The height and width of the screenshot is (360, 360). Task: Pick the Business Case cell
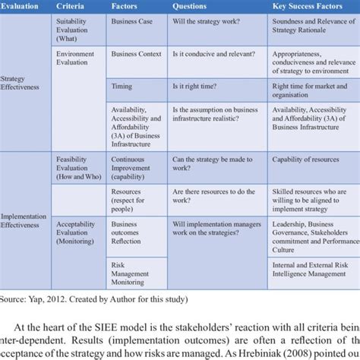click(x=131, y=21)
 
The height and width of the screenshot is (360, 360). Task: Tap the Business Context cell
click(x=137, y=54)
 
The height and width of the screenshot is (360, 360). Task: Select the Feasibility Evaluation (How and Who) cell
click(x=79, y=168)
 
